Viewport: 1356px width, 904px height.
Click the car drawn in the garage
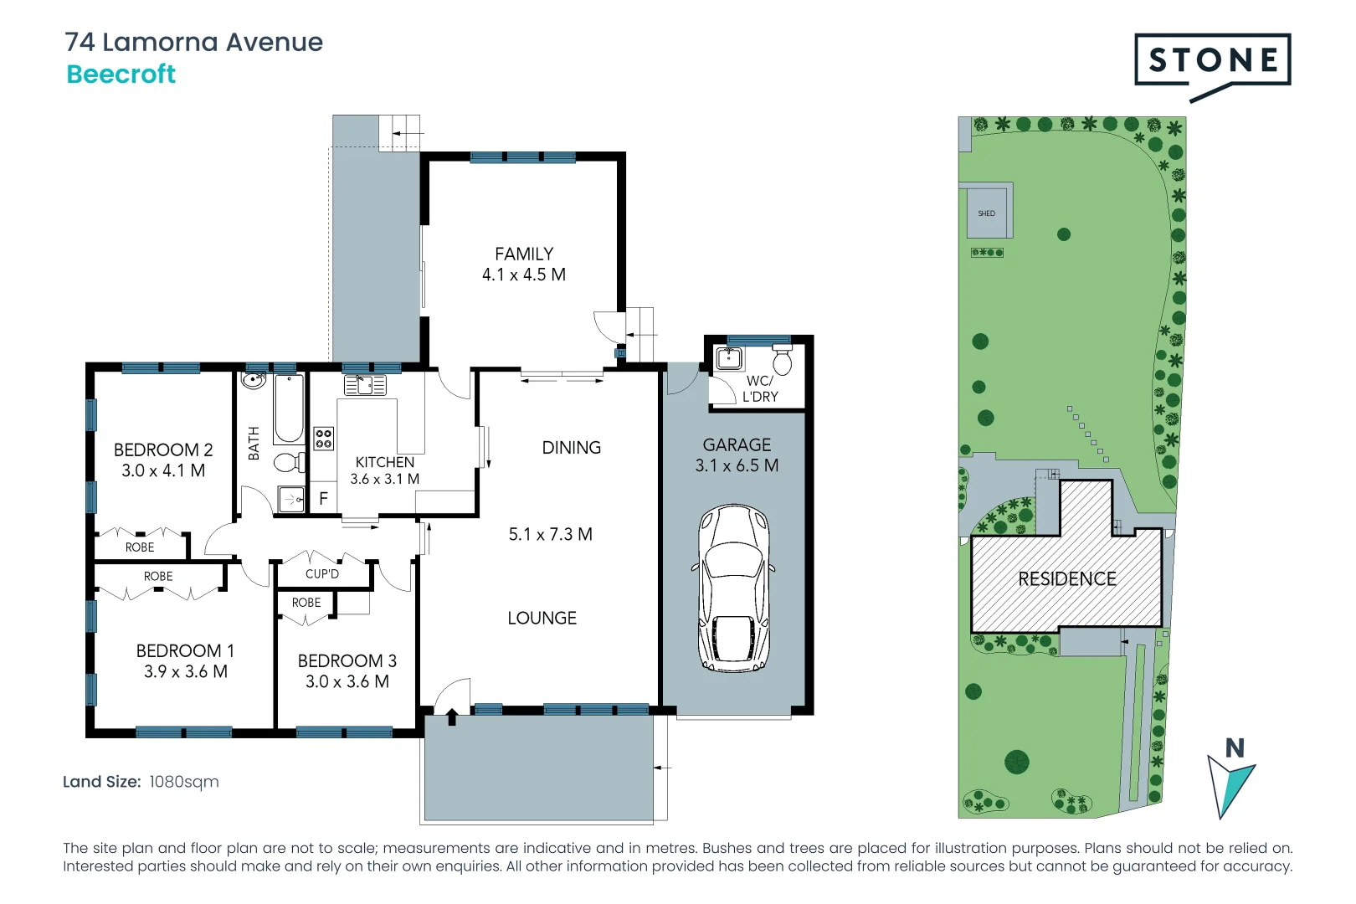pos(734,588)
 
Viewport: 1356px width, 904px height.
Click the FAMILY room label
pos(524,254)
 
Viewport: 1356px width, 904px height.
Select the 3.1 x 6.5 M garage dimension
pos(737,465)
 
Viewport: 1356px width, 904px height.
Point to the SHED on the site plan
pos(986,213)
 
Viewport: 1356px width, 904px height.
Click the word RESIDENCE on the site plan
pos(1067,579)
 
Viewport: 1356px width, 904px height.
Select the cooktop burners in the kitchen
pos(324,439)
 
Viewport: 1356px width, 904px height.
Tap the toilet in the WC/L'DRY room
pos(783,362)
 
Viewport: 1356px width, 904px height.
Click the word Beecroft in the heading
pos(121,74)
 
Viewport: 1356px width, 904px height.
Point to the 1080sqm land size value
pos(184,782)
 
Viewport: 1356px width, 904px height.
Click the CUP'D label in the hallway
pos(322,574)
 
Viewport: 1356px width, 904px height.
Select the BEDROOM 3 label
pos(347,660)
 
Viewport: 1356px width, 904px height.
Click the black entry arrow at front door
pos(452,717)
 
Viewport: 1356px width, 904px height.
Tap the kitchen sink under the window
pos(365,385)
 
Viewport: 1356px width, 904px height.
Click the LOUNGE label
pos(542,618)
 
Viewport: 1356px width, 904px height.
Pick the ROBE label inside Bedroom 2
pos(140,547)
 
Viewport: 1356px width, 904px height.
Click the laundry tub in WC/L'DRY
pos(729,358)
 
